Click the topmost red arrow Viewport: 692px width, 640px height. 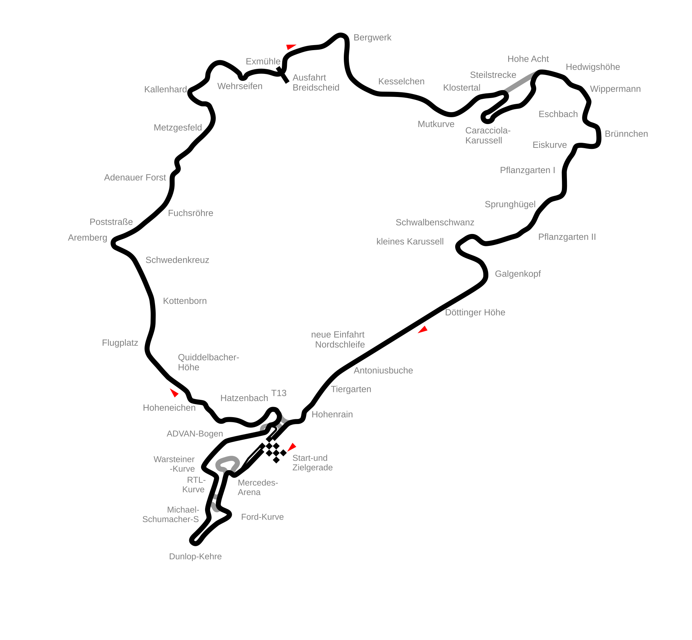290,47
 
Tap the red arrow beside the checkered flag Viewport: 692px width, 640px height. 292,447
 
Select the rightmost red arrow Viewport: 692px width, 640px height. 423,330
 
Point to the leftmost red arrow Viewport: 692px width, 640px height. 174,393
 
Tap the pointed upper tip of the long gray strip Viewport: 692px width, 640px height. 536,71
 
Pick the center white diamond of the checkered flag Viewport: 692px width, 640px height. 273,450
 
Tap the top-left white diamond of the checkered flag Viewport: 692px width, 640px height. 266,442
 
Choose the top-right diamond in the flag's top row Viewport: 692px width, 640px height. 273,442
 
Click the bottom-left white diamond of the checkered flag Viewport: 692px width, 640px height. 273,457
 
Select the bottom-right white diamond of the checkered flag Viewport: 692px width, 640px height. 280,457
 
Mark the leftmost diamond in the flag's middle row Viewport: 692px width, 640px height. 266,450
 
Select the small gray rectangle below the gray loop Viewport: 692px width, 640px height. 216,496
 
